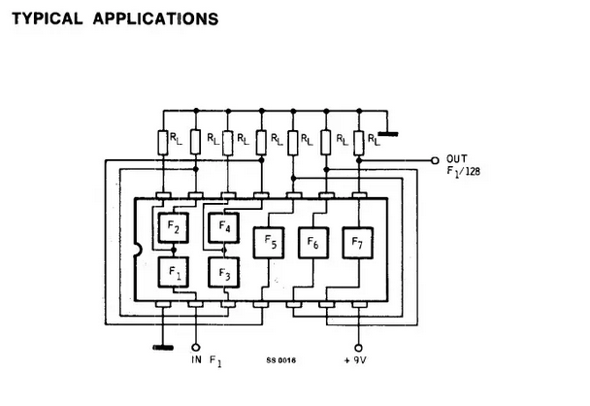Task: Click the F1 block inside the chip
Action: click(173, 272)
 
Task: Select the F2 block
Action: click(173, 227)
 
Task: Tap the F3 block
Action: click(224, 273)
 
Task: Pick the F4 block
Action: click(224, 228)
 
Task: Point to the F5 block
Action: click(269, 243)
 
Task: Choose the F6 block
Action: click(313, 243)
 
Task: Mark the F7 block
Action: click(358, 243)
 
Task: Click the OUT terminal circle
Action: click(435, 161)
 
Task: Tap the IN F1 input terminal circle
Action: click(196, 348)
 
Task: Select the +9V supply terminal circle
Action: click(359, 348)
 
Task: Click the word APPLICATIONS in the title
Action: click(156, 18)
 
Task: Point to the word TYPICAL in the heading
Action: click(48, 18)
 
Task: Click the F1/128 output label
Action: click(464, 172)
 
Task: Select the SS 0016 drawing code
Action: click(281, 360)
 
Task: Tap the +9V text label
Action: click(355, 360)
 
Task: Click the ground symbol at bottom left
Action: click(163, 348)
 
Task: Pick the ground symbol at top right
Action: click(388, 134)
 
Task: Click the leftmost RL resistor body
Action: click(163, 143)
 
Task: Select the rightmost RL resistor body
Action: click(359, 143)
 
